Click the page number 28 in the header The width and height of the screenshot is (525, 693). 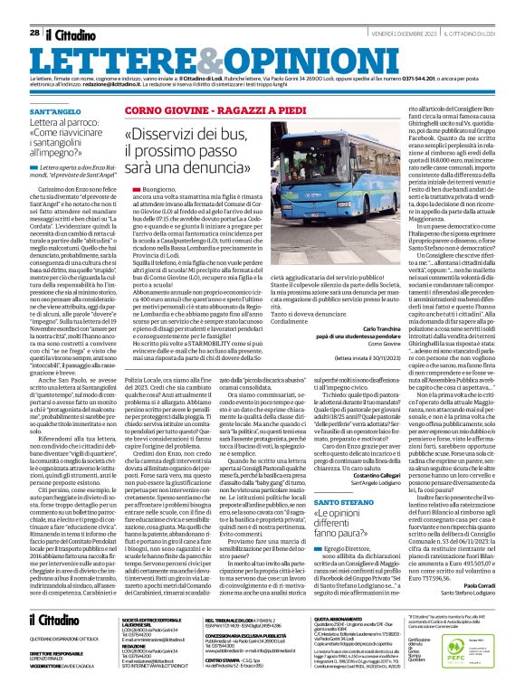pyautogui.click(x=33, y=8)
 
